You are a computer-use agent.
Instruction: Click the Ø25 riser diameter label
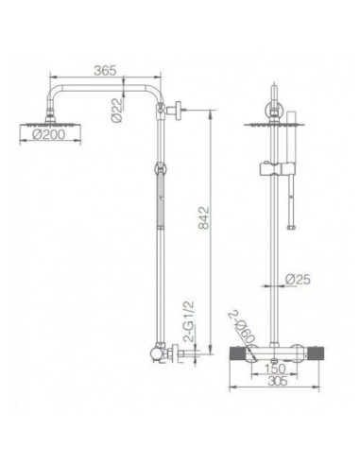[300, 280]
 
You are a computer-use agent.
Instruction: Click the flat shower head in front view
[273, 121]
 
